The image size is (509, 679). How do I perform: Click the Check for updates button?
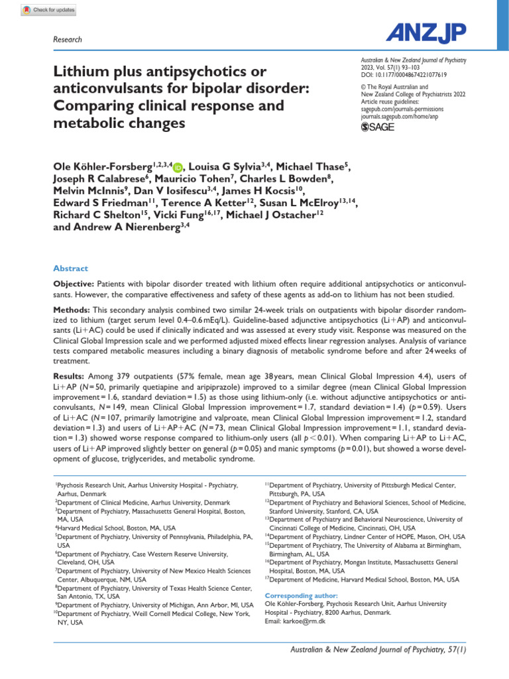[48, 10]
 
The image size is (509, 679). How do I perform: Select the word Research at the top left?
[67, 40]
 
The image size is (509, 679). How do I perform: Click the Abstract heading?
[70, 269]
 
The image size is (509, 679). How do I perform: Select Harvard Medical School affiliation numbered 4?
[115, 528]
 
